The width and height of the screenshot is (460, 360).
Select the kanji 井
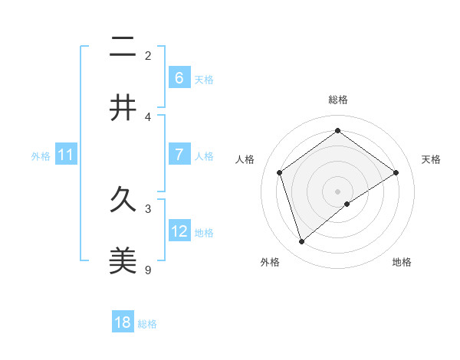[123, 109]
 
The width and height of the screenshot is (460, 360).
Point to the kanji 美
[123, 262]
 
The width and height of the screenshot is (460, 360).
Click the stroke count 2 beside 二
[148, 55]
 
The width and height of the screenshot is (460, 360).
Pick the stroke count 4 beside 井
[148, 116]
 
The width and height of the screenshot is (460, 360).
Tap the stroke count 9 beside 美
[148, 270]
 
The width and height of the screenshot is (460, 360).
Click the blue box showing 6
[179, 77]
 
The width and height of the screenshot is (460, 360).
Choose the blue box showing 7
[179, 155]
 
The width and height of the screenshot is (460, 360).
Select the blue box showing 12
[179, 231]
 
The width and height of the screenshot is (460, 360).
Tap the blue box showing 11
[66, 155]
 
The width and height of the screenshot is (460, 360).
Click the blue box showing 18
[123, 322]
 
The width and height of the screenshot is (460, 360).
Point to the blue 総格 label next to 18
[147, 324]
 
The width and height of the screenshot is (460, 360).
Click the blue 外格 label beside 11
[41, 156]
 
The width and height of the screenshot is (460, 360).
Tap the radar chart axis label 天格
[432, 159]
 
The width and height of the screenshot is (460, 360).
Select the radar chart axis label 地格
[402, 262]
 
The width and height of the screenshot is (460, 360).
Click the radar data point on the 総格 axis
[337, 131]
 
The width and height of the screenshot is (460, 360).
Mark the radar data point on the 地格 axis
[347, 204]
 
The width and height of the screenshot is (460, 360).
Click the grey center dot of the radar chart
[337, 190]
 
